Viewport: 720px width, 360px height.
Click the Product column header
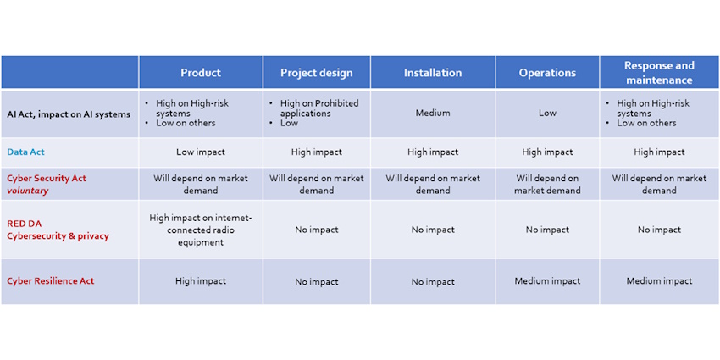[200, 73]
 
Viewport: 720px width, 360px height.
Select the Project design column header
[316, 73]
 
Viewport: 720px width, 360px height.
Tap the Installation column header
[432, 73]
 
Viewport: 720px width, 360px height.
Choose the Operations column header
[547, 73]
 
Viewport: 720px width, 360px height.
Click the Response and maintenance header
[658, 73]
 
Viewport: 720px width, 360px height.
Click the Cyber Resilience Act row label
[50, 281]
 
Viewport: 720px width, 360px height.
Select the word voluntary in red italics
[27, 191]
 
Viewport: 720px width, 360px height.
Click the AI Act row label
[69, 114]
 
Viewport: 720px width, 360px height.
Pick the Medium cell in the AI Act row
[432, 113]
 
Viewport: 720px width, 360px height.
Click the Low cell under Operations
[547, 113]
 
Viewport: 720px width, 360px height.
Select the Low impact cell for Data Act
[200, 152]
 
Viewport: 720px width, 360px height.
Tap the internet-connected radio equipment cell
[200, 230]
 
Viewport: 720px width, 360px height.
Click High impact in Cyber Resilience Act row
[200, 281]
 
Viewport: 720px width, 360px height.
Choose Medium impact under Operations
[547, 281]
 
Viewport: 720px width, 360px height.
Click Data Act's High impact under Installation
[432, 152]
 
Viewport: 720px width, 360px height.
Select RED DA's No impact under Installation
[432, 230]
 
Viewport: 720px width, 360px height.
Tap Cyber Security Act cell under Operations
[547, 185]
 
